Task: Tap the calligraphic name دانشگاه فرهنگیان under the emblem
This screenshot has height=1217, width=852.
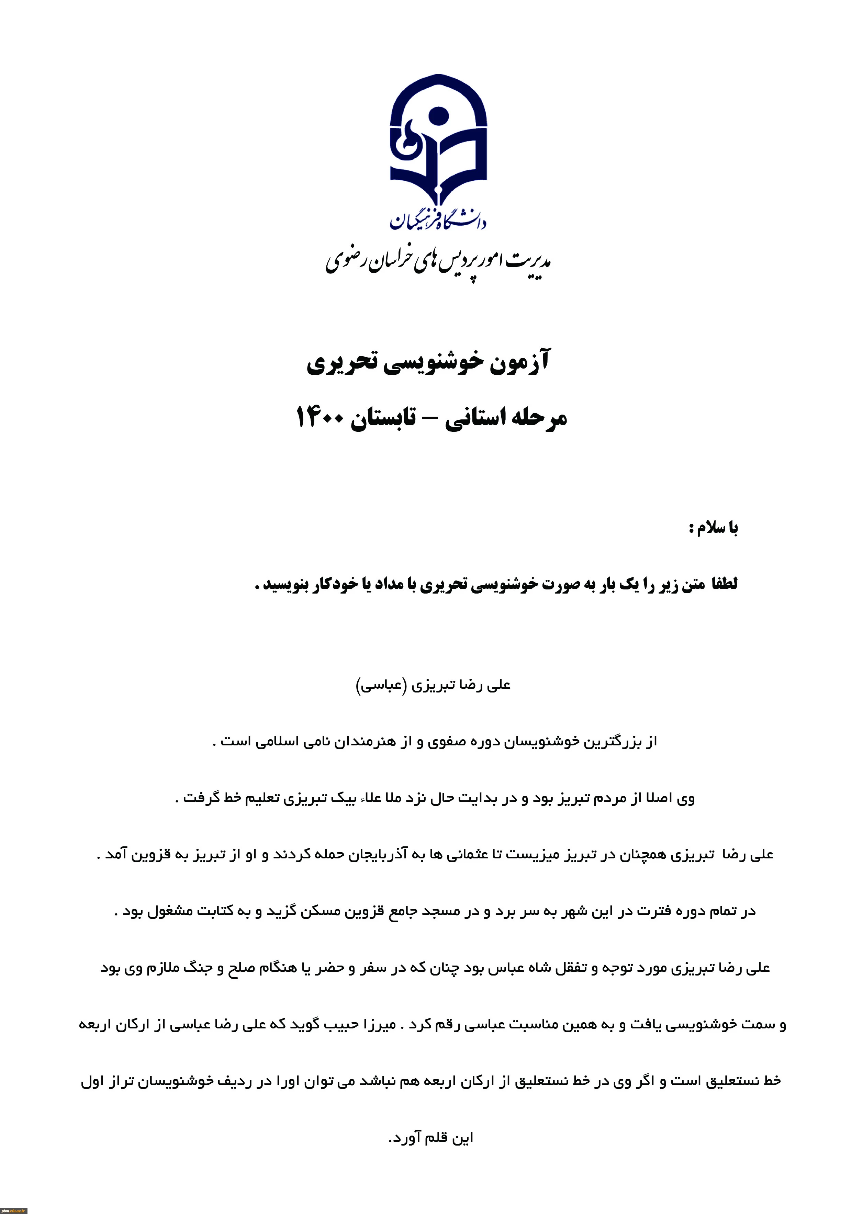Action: (438, 219)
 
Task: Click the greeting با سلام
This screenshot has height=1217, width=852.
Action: (713, 528)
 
